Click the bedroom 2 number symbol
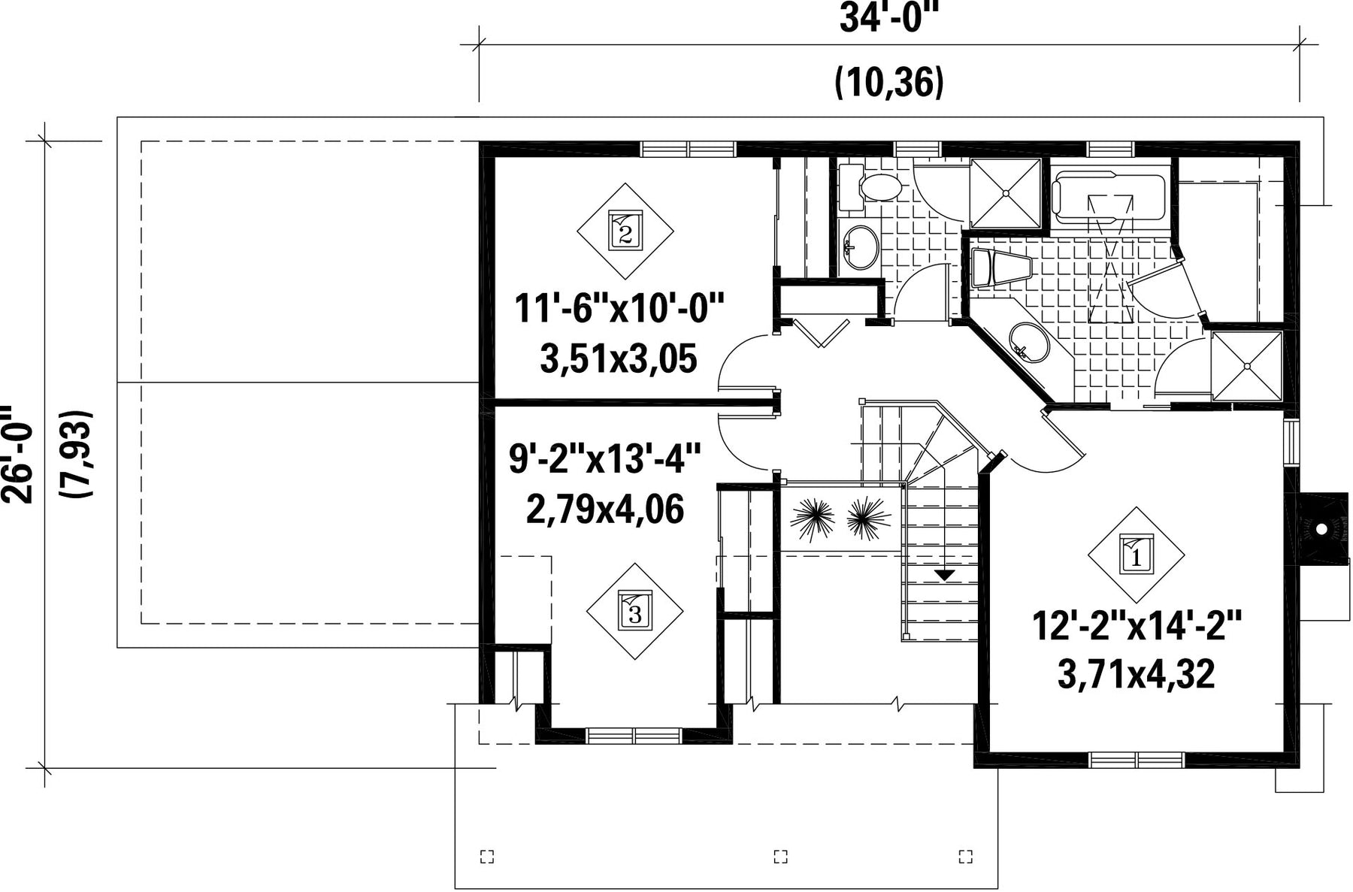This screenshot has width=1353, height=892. [x=625, y=231]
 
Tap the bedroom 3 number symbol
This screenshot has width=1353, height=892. [x=635, y=611]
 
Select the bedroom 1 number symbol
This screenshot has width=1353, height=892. [x=1136, y=555]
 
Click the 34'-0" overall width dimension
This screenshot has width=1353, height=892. [x=889, y=19]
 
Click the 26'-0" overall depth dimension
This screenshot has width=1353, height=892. [x=17, y=455]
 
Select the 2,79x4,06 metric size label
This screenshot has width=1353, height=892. [x=605, y=510]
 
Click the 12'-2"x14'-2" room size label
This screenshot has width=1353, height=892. [x=1137, y=627]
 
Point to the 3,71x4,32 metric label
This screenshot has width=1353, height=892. [x=1136, y=674]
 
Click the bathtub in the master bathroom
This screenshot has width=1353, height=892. [x=1111, y=198]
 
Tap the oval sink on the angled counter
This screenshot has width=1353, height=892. [x=1028, y=343]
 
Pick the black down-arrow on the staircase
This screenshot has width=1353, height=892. [x=944, y=575]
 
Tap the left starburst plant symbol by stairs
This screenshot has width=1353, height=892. [x=812, y=519]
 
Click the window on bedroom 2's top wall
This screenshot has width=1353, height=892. [x=689, y=149]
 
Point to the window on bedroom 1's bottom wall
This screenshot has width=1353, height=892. [x=1137, y=760]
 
